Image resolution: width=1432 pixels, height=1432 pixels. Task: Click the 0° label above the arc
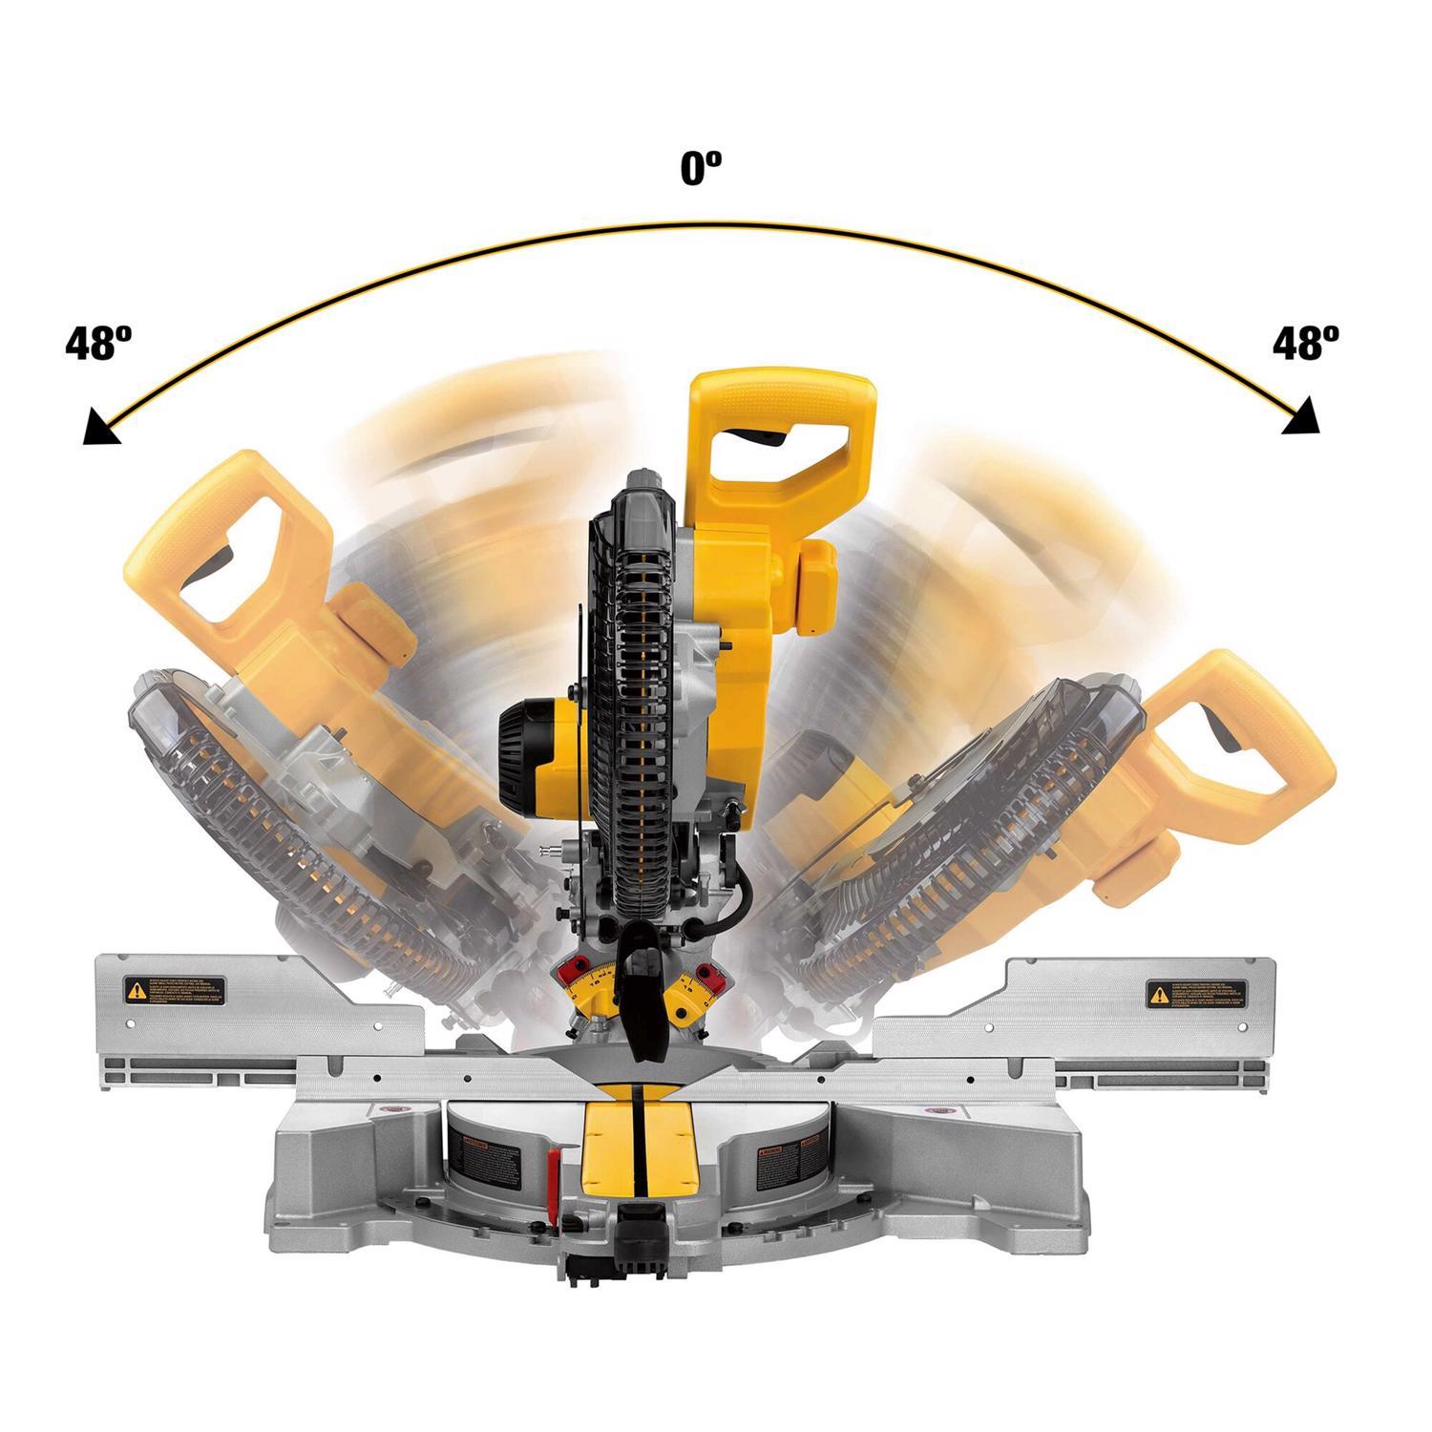[x=700, y=170]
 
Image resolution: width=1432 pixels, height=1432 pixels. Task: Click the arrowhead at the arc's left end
[x=100, y=429]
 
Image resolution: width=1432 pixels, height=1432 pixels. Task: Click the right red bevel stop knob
[x=706, y=974]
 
